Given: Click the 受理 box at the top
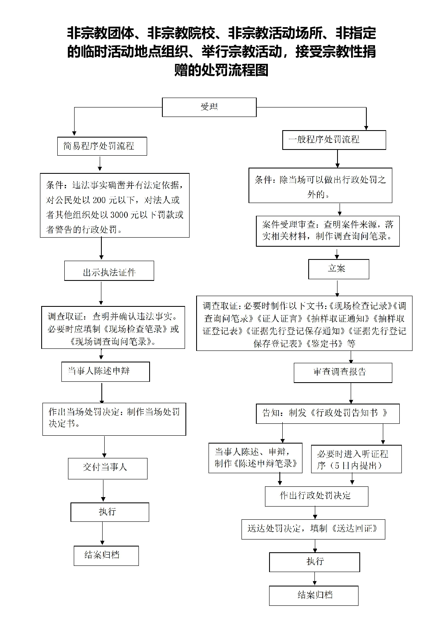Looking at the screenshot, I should tap(209, 107).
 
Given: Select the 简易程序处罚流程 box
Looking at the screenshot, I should tap(102, 146).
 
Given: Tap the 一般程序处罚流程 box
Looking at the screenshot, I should tap(334, 140).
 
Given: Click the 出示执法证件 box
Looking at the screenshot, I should tap(109, 271).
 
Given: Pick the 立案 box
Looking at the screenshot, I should tap(338, 269).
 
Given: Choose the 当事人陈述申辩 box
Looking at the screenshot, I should tap(105, 371).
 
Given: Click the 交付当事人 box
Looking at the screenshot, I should tap(108, 468).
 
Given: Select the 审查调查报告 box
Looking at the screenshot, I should tap(342, 372).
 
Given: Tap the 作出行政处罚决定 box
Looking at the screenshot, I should tap(316, 496).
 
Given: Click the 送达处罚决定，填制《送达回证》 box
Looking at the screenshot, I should tap(313, 529).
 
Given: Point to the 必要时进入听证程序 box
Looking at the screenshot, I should tap(356, 459).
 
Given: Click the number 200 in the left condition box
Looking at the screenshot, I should tap(99, 201).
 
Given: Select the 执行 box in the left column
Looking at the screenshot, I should tap(110, 512).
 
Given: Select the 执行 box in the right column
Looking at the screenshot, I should tap(314, 562).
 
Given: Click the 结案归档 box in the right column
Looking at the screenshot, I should tap(314, 595).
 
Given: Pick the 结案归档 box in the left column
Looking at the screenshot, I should tap(106, 555).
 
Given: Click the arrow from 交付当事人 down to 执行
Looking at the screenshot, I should tap(103, 491).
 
